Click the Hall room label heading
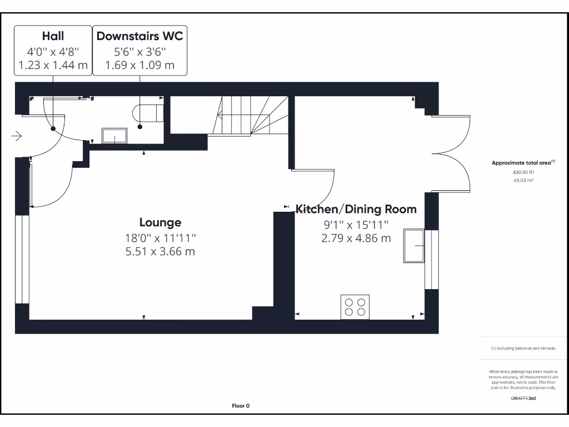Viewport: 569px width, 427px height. coord(53,36)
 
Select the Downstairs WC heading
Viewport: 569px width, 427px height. coord(139,36)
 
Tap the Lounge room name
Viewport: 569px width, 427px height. coord(160,222)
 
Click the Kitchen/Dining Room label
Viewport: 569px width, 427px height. coord(356,209)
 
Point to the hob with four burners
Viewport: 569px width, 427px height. coord(355,307)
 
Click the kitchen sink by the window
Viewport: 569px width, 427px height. coord(414,245)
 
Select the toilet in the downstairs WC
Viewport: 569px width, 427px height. coord(148,113)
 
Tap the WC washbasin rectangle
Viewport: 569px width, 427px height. coord(114,136)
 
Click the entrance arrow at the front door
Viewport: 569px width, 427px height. coord(16,136)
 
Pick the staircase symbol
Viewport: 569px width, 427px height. coord(250,115)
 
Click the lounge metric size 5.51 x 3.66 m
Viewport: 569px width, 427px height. coord(160,251)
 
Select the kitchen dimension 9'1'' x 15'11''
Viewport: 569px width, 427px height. coord(356,225)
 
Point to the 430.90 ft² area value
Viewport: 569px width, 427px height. coord(523,172)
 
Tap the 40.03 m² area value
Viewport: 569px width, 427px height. coord(523,180)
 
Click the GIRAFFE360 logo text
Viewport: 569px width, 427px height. coord(523,398)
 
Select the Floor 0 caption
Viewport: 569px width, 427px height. coord(241,406)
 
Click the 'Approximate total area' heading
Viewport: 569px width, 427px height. coord(523,163)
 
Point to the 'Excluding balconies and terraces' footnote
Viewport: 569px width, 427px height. coord(523,348)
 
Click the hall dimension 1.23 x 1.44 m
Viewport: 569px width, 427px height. coord(53,65)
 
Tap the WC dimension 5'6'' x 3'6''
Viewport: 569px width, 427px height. coord(139,51)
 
